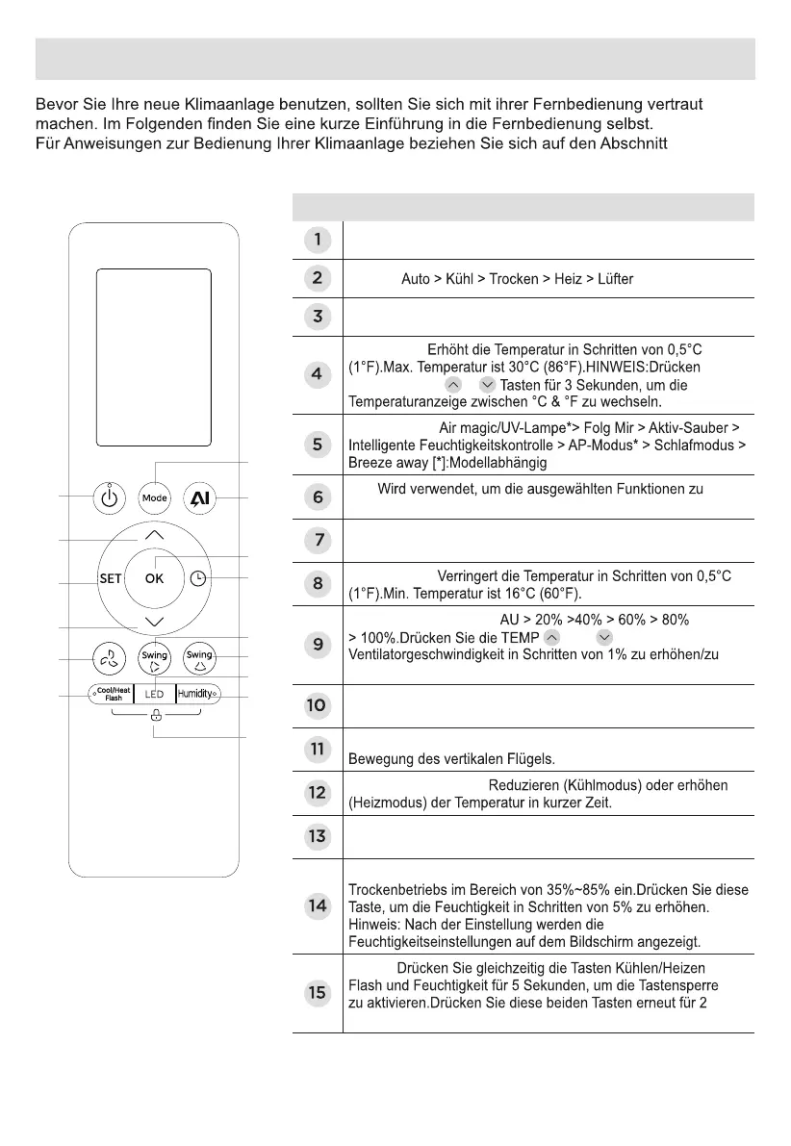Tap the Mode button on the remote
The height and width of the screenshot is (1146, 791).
[x=155, y=498]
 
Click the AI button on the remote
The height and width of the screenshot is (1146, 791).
[x=201, y=498]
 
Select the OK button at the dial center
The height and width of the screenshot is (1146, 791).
[x=155, y=578]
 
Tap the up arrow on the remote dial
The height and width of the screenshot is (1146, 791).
[x=155, y=535]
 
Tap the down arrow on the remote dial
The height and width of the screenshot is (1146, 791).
[x=155, y=622]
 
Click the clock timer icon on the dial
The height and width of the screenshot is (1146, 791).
[x=198, y=578]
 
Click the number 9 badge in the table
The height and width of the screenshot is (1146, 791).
[x=317, y=645]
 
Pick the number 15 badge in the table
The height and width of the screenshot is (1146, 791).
[x=317, y=992]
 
